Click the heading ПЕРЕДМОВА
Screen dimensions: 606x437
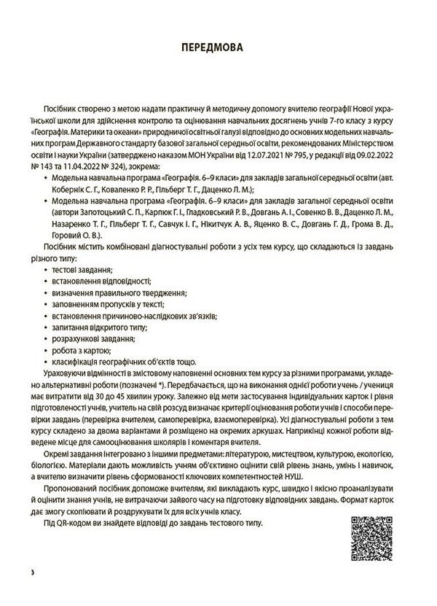218,49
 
